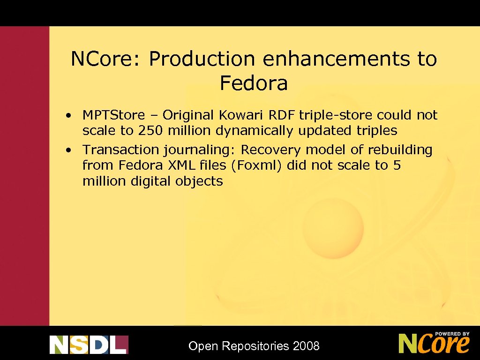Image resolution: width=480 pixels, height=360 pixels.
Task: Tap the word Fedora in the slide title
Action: pos(254,83)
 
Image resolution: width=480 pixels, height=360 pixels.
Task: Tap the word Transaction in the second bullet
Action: pos(121,150)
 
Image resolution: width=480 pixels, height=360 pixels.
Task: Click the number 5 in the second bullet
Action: pos(397,165)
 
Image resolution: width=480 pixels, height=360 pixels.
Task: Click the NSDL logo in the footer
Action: pos(89,345)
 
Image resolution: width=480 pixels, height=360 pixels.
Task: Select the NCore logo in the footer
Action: pos(434,343)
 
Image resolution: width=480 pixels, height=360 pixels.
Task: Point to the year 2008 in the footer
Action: pos(306,346)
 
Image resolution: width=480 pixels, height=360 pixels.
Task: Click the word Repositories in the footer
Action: pos(255,347)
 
